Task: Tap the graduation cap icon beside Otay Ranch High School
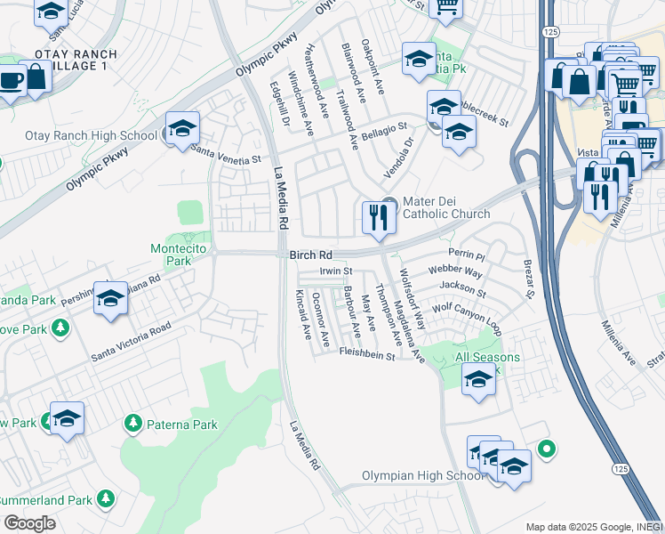click(181, 129)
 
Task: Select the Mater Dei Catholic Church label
click(446, 207)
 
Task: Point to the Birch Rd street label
click(310, 255)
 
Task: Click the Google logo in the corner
click(29, 522)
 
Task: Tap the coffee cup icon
click(11, 81)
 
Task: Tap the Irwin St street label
click(337, 271)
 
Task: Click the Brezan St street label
click(528, 279)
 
